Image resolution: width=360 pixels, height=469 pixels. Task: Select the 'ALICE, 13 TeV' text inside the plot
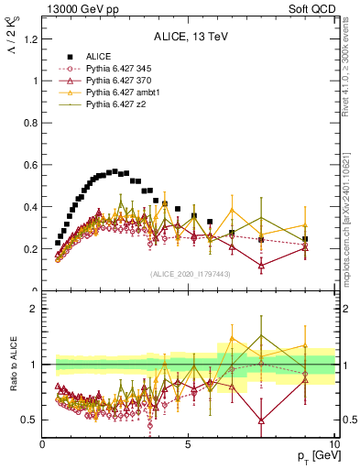coord(189,37)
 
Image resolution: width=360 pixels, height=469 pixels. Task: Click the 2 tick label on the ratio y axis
coord(33,309)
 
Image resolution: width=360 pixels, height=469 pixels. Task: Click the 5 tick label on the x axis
coord(189,446)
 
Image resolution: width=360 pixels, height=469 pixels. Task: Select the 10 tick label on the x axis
coord(334,446)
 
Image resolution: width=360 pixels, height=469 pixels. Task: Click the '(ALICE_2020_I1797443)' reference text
coord(189,274)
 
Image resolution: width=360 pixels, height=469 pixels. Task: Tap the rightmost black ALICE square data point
coord(305,239)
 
